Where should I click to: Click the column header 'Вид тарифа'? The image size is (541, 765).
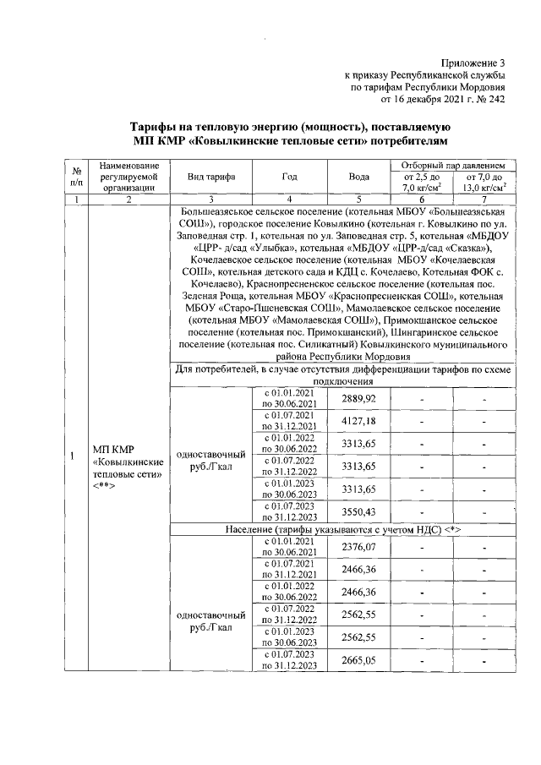211,177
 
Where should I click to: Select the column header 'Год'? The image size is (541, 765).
289,177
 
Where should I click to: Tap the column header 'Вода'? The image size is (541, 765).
359,177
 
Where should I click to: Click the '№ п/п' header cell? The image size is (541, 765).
77,176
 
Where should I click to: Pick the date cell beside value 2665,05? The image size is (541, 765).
289,660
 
